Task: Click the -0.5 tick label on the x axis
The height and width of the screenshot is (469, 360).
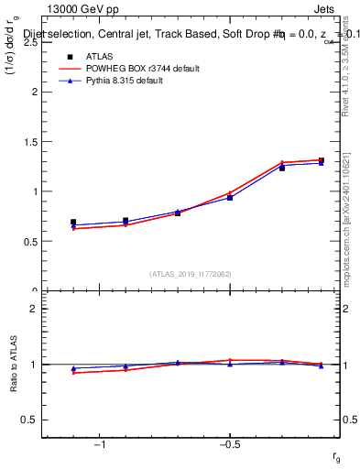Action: tap(229, 444)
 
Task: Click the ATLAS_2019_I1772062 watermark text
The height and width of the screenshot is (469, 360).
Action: tap(191, 273)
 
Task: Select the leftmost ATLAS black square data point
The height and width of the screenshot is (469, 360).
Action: tap(73, 223)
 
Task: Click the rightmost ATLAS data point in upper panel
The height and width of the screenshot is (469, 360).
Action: tap(322, 161)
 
